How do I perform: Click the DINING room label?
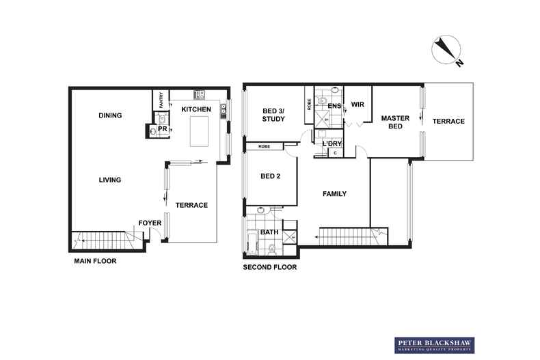(x=110, y=115)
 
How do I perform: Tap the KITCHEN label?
(x=196, y=109)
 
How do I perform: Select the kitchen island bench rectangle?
(x=199, y=131)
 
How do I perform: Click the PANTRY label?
(x=161, y=100)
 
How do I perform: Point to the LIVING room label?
(x=110, y=180)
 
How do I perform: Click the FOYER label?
(x=150, y=223)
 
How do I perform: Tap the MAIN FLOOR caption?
(x=95, y=261)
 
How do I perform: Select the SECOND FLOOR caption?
(x=269, y=267)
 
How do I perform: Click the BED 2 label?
(x=271, y=176)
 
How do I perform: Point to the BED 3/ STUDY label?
(x=273, y=115)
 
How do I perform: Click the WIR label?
(x=357, y=105)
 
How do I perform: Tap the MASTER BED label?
(x=395, y=122)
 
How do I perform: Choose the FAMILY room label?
(x=334, y=194)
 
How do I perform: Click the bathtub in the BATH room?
(x=252, y=244)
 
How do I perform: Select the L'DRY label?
(x=332, y=144)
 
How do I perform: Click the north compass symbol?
(x=446, y=50)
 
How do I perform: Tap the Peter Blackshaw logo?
(x=434, y=345)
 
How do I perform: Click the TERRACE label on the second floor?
(x=448, y=121)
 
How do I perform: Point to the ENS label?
(x=334, y=106)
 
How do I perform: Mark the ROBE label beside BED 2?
(x=264, y=147)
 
